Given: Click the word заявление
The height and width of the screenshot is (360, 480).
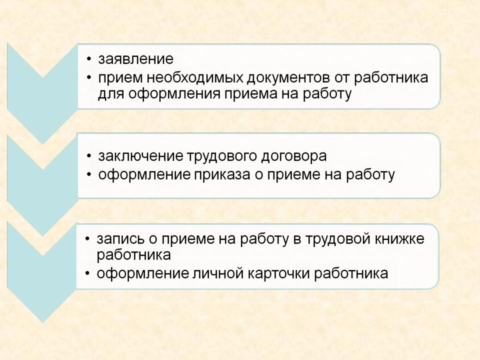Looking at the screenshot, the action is [135, 59].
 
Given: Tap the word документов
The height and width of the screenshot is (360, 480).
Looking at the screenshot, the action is [288, 78].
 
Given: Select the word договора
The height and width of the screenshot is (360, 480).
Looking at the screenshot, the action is [294, 156].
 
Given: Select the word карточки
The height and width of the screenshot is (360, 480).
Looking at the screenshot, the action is [278, 273].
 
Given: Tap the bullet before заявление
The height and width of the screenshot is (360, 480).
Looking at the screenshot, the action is [89, 59].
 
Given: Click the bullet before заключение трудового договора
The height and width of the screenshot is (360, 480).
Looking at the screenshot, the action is [89, 156].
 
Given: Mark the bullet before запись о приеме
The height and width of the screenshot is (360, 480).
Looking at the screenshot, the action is [88, 239].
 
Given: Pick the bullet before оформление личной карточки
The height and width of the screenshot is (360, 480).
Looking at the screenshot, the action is [88, 273].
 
